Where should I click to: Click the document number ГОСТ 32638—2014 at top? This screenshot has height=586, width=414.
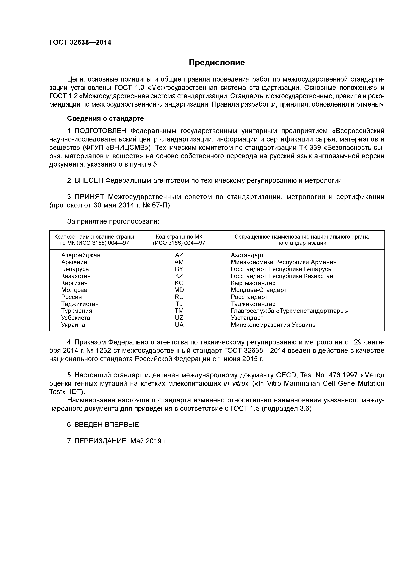tap(80, 42)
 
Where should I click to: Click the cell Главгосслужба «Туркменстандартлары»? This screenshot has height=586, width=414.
tap(289, 311)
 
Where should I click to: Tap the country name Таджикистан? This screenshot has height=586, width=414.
tap(80, 304)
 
